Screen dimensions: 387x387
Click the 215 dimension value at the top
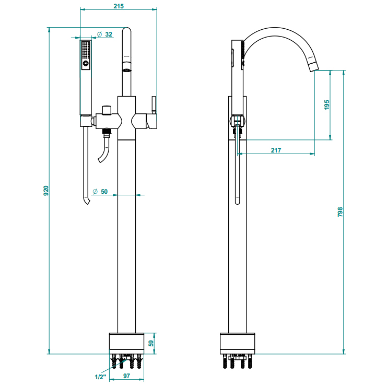pyautogui.click(x=119, y=6)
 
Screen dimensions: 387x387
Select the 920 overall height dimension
pyautogui.click(x=46, y=191)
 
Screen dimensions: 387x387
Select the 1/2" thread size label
pyautogui.click(x=100, y=376)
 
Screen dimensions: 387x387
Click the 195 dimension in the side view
pyautogui.click(x=327, y=104)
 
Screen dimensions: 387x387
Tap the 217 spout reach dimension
pyautogui.click(x=276, y=150)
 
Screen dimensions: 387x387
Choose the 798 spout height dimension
pyautogui.click(x=340, y=212)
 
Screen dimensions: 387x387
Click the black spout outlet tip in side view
pyautogui.click(x=313, y=65)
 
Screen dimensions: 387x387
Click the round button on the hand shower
pyautogui.click(x=85, y=64)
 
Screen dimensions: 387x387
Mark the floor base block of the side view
pyautogui.click(x=238, y=343)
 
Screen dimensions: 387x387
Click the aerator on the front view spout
pyautogui.click(x=126, y=68)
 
